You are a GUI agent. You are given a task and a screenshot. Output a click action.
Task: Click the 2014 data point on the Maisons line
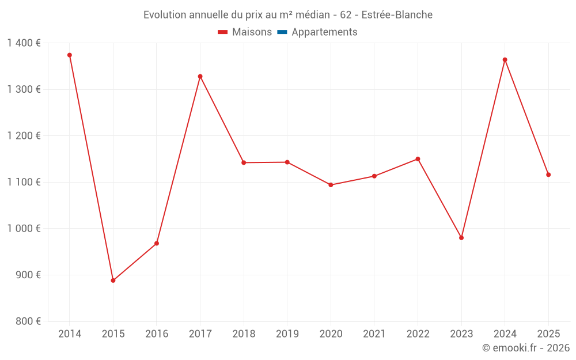70,55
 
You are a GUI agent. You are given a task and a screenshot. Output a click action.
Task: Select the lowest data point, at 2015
113,281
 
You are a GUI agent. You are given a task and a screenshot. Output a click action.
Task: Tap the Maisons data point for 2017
200,76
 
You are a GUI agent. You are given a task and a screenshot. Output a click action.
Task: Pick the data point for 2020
331,185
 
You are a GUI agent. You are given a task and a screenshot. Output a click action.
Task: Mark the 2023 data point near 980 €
461,238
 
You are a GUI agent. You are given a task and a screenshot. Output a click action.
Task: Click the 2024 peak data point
505,60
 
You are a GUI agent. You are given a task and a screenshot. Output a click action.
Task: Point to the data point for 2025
548,175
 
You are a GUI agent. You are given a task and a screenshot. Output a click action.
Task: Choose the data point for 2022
418,159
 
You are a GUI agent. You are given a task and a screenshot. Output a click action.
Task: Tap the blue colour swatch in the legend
282,32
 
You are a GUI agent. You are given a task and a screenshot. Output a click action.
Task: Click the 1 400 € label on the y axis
24,43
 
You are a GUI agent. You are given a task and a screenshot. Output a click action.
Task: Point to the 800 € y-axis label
28,321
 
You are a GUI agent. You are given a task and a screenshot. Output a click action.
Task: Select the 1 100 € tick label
24,182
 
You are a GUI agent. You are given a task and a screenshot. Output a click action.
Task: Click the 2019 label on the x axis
287,334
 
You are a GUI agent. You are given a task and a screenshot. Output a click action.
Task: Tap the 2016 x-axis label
157,334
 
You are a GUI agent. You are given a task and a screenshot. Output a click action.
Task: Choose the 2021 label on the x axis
374,334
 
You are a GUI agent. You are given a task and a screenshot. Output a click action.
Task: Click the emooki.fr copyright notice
525,348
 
